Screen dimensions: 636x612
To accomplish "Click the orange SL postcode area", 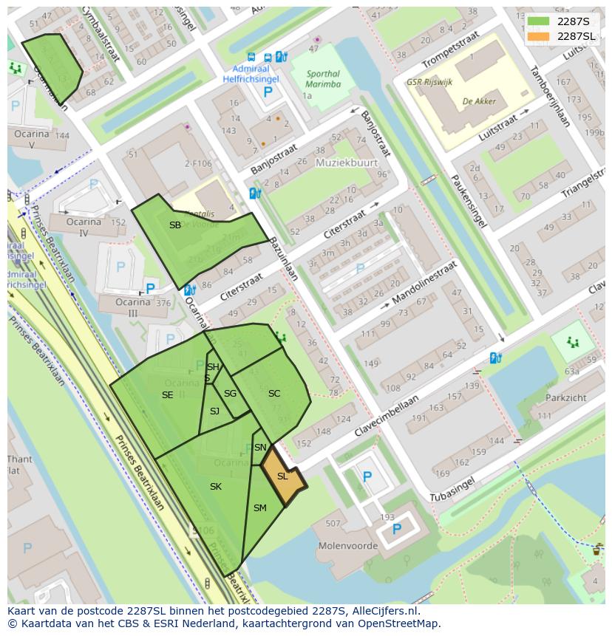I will tap(283, 479).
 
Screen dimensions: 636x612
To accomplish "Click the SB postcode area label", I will tap(175, 225).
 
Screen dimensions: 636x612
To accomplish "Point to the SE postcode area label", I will tap(168, 395).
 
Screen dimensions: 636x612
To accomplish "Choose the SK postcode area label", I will tap(216, 487).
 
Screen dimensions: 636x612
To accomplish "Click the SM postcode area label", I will tap(260, 508).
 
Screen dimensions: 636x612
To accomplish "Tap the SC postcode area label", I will tap(274, 394).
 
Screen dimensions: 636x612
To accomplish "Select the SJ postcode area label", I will tap(214, 411).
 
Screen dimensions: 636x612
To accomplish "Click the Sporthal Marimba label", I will tap(323, 79).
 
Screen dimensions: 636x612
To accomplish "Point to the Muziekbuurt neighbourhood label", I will tap(347, 163).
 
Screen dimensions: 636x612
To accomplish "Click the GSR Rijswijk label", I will tap(429, 82).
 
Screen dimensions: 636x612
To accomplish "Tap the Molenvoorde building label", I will tap(347, 547).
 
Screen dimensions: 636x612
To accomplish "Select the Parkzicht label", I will tap(566, 397).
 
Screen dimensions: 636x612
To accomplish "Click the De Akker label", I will tap(479, 100).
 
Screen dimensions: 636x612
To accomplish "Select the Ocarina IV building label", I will tap(84, 228).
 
